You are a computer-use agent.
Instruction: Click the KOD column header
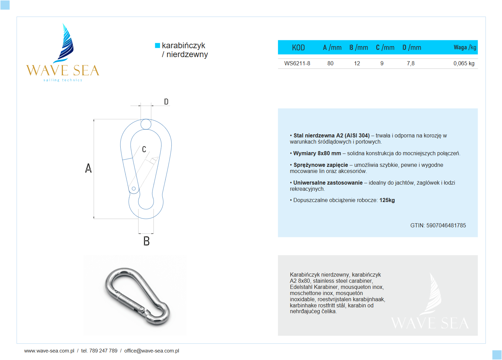point(298,48)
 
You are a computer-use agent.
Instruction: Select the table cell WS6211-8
point(297,63)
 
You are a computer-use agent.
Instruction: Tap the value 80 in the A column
point(330,63)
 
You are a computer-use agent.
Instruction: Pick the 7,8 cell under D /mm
point(411,63)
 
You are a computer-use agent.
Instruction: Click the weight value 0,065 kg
point(464,63)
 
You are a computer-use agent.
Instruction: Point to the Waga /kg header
point(465,48)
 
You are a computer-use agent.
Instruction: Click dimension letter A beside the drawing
point(88,168)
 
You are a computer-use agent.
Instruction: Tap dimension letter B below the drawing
point(146,241)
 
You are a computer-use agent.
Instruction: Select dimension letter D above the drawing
point(166,102)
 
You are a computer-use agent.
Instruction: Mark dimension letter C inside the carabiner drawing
point(144,149)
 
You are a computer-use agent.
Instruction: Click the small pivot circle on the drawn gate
point(134,188)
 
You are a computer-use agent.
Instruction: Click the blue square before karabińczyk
point(158,45)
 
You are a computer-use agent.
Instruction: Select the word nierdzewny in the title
point(187,55)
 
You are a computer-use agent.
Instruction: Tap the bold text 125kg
point(387,200)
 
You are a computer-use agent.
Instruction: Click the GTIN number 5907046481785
point(446,225)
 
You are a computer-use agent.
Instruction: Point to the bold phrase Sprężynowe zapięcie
point(320,165)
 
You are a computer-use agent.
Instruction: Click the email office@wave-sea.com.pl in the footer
point(151,351)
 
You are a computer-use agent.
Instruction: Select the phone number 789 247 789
point(103,351)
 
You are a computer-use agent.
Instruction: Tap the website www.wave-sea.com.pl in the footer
point(49,351)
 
